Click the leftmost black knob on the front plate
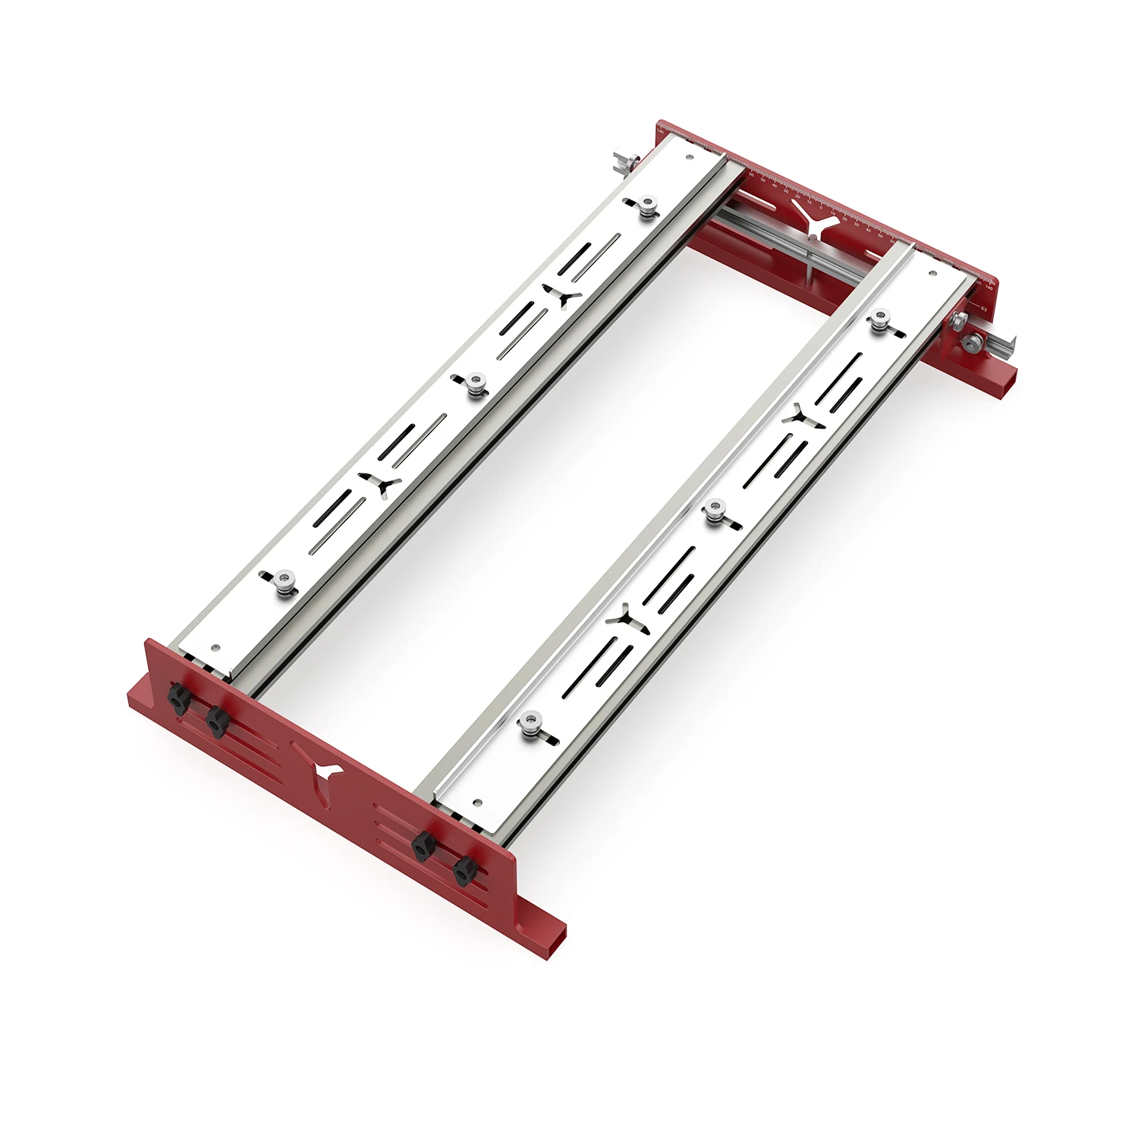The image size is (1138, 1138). tap(178, 696)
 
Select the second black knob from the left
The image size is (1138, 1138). tap(217, 721)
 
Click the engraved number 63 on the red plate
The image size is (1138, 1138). tap(983, 309)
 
